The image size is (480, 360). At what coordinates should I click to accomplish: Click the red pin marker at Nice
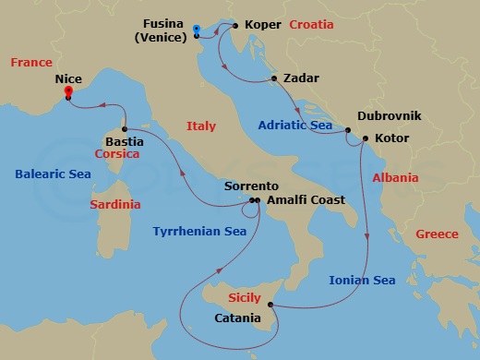[x=68, y=92]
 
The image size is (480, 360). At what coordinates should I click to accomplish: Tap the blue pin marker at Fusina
[x=198, y=30]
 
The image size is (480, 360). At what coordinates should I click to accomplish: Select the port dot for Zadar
[x=275, y=78]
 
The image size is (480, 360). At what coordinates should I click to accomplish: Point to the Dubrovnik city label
[x=389, y=116]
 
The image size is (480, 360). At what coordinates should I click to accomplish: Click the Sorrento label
[x=250, y=186]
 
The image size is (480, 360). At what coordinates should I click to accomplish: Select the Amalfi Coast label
[x=306, y=199]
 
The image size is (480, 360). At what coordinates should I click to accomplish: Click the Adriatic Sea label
[x=296, y=125]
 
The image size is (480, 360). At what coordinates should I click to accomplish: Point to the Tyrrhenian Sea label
[x=199, y=232]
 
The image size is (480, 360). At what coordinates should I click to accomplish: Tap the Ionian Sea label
[x=363, y=280]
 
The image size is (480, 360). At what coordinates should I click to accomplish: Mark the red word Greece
[x=437, y=234]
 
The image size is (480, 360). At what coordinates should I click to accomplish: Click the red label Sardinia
[x=115, y=204]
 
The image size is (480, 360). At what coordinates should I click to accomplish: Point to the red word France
[x=31, y=63]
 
